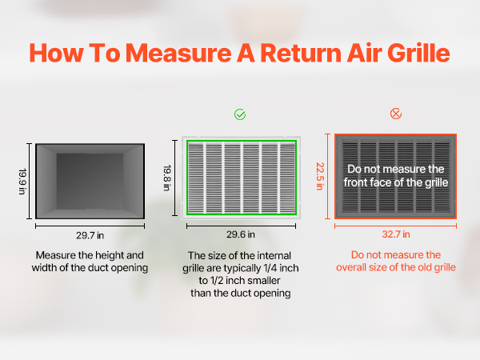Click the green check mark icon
pyautogui.click(x=240, y=114)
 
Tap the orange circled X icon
pyautogui.click(x=396, y=114)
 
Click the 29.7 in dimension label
pyautogui.click(x=90, y=235)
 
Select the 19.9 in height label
pyautogui.click(x=22, y=182)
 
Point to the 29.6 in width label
pyautogui.click(x=241, y=234)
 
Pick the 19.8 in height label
pyautogui.click(x=167, y=178)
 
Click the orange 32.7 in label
pyautogui.click(x=396, y=234)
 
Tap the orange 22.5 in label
pyautogui.click(x=320, y=176)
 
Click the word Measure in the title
pyautogui.click(x=178, y=53)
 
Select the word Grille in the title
pyautogui.click(x=418, y=53)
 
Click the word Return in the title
pyautogui.click(x=301, y=53)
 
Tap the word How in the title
pyautogui.click(x=56, y=53)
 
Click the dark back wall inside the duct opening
pyautogui.click(x=90, y=182)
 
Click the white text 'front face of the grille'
pyautogui.click(x=396, y=182)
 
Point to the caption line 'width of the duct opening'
pyautogui.click(x=90, y=268)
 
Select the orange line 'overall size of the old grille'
pyautogui.click(x=396, y=267)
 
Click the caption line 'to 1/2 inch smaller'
pyautogui.click(x=239, y=281)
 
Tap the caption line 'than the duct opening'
pyautogui.click(x=241, y=293)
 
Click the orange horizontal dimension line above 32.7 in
pyautogui.click(x=395, y=226)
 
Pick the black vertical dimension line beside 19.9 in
pyautogui.click(x=30, y=182)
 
